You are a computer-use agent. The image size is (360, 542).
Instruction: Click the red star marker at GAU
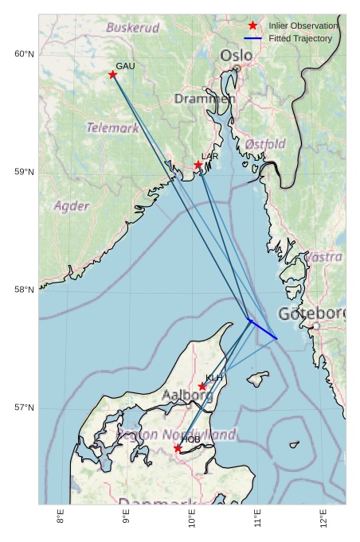(113, 75)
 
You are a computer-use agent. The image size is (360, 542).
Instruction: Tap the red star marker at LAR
(198, 165)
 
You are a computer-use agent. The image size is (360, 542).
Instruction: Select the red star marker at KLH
(202, 387)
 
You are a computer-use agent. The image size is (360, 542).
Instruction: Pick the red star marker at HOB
(178, 449)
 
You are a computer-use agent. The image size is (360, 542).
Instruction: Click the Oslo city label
(237, 56)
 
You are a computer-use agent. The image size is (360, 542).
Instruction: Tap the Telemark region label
(112, 127)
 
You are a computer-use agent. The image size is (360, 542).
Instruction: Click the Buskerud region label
(133, 28)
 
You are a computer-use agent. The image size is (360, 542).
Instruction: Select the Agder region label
(72, 205)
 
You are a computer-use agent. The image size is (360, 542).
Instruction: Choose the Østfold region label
(265, 144)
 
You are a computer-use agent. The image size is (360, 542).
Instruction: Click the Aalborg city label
(187, 395)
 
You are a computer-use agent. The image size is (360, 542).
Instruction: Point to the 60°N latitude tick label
(24, 54)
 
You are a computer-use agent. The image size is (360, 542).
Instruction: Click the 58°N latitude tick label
(24, 290)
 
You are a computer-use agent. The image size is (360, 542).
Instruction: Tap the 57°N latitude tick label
(24, 407)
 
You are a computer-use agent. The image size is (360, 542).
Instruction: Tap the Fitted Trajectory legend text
(300, 38)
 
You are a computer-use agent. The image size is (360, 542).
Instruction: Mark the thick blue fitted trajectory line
(263, 329)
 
